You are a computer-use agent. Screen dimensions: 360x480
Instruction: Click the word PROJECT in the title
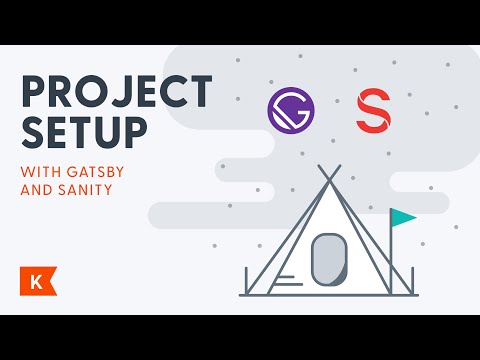pos(116,94)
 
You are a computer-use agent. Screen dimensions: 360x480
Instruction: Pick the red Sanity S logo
pos(373,110)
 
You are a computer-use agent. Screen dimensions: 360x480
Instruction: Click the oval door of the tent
pos(327,259)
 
